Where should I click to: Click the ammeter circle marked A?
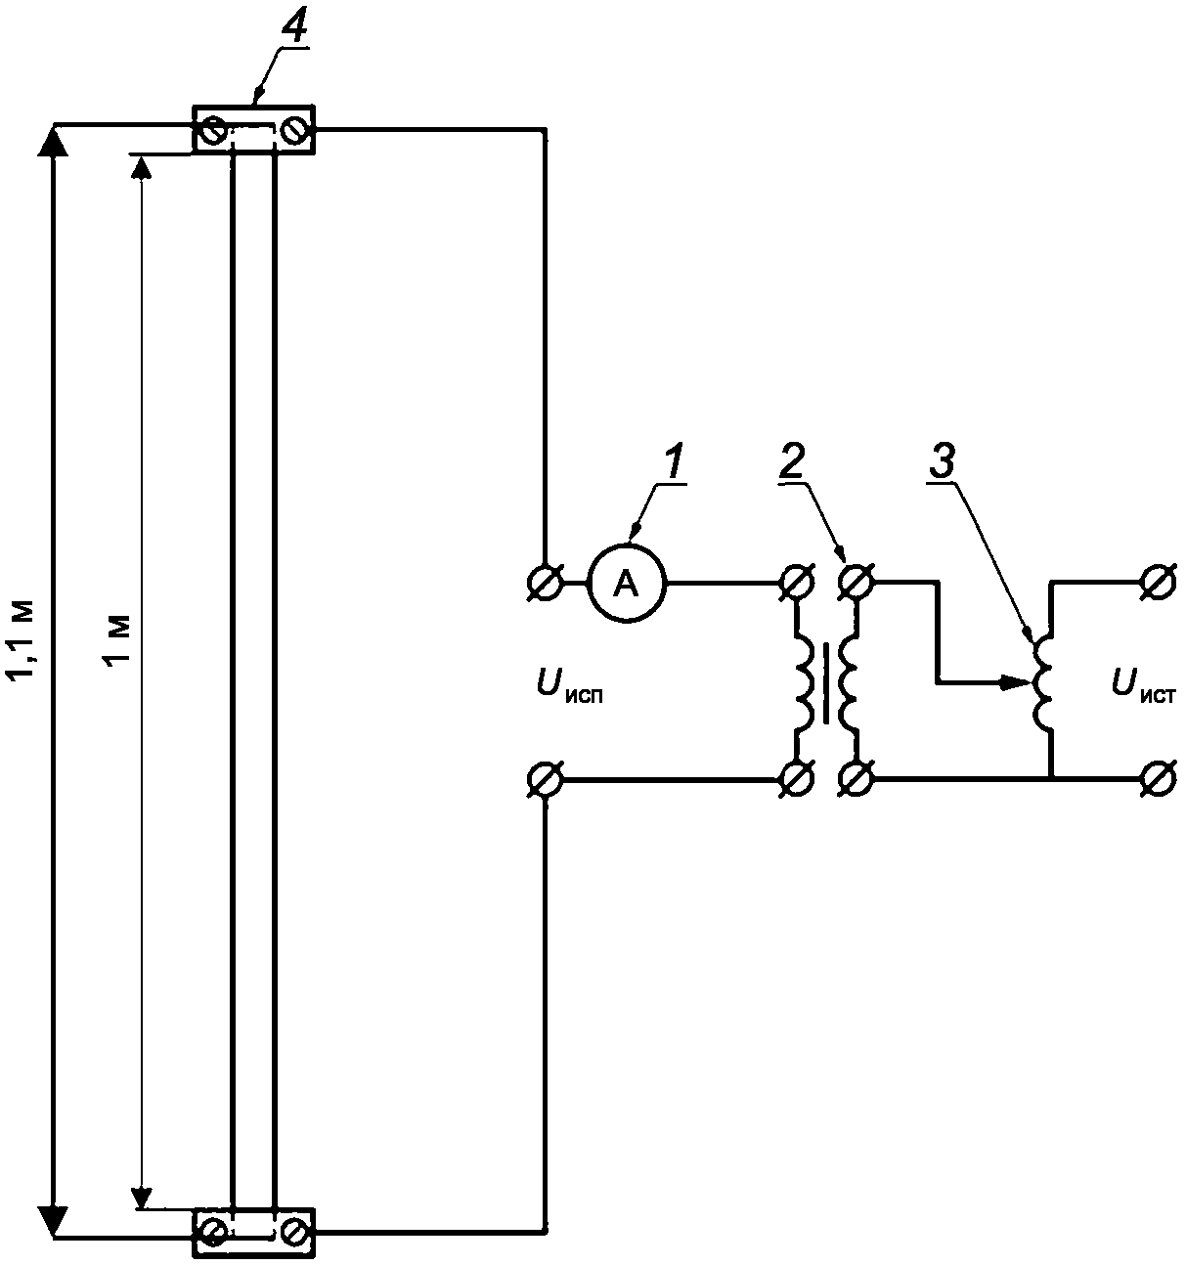pyautogui.click(x=627, y=583)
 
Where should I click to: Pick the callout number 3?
pyautogui.click(x=942, y=461)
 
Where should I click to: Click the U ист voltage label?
pyautogui.click(x=1144, y=688)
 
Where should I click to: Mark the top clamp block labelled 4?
pyautogui.click(x=253, y=129)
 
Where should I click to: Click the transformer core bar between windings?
pyautogui.click(x=827, y=683)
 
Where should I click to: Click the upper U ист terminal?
pyautogui.click(x=1159, y=583)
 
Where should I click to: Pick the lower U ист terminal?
pyautogui.click(x=1159, y=778)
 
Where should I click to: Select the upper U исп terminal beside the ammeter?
pyautogui.click(x=547, y=583)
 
